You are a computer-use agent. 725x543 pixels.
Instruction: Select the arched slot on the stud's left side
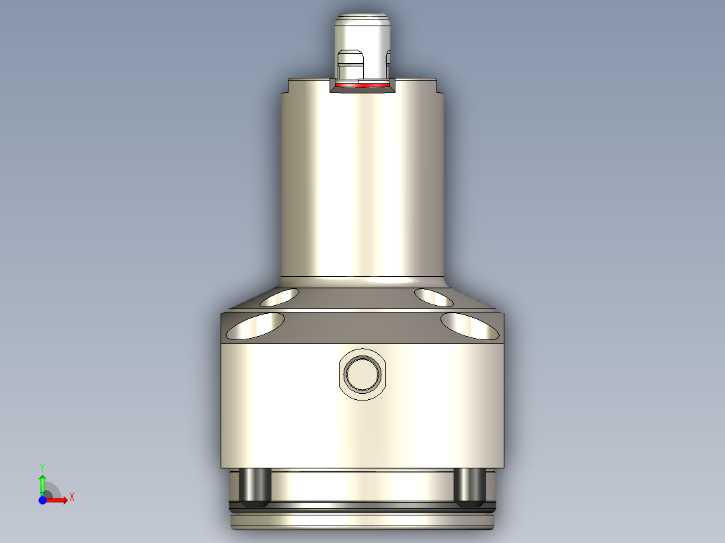tap(349, 65)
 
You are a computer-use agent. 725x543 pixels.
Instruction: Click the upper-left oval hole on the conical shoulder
tap(280, 296)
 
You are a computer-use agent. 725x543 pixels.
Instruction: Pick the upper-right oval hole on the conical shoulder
tap(434, 296)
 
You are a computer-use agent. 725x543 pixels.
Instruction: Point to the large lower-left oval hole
tap(255, 326)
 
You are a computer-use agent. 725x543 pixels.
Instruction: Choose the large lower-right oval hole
tap(470, 326)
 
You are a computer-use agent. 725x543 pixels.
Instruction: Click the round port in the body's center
tap(362, 373)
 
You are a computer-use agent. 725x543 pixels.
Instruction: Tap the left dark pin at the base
tap(256, 487)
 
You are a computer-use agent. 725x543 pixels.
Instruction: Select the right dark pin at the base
tap(469, 487)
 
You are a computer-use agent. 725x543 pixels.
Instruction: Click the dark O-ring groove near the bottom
tap(362, 504)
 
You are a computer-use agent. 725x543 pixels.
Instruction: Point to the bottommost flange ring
tap(362, 521)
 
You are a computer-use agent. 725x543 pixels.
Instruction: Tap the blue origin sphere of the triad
tap(42, 501)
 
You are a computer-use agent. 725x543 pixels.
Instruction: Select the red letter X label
tap(71, 497)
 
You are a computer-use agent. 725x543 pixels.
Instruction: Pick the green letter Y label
tap(42, 466)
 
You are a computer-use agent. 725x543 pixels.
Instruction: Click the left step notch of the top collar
tap(285, 86)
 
